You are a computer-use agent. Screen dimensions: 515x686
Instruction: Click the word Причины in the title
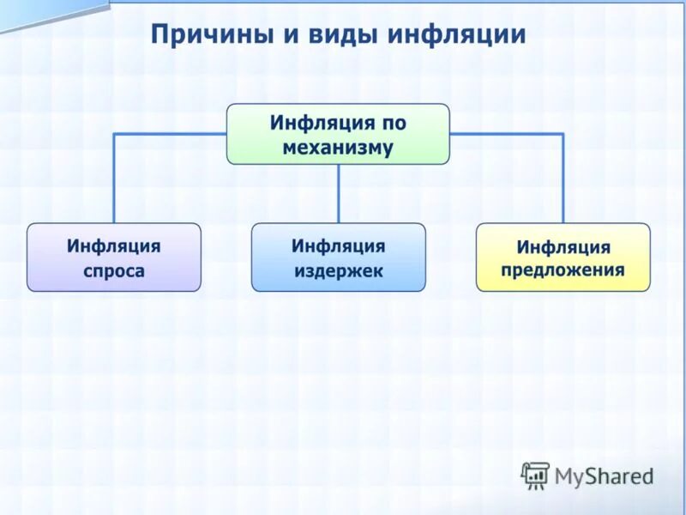click(205, 35)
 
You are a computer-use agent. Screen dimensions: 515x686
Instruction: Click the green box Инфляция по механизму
click(338, 134)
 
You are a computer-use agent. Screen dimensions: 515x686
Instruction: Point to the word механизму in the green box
click(338, 148)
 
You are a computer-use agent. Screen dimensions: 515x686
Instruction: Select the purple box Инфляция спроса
click(114, 257)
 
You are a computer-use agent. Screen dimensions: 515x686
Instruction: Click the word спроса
click(114, 271)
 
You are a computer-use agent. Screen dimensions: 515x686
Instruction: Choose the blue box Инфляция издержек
click(338, 257)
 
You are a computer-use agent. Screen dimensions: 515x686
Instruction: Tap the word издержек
click(338, 271)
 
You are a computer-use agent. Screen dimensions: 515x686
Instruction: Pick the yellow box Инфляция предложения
click(563, 257)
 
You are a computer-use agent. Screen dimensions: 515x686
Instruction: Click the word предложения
click(563, 271)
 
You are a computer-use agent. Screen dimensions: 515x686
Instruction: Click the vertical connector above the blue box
click(338, 193)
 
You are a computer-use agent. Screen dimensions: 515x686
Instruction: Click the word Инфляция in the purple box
click(114, 246)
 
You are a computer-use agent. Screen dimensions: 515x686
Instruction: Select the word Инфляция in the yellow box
click(563, 247)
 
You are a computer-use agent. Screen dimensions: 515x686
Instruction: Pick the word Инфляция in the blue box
click(338, 246)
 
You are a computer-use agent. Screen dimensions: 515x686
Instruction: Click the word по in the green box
click(394, 123)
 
